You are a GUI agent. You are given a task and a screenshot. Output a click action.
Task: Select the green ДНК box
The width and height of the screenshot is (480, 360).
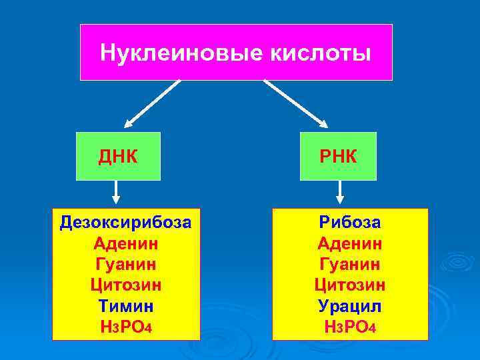pyautogui.click(x=118, y=156)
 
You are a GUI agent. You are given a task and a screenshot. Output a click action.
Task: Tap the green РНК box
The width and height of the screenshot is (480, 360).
pyautogui.click(x=338, y=156)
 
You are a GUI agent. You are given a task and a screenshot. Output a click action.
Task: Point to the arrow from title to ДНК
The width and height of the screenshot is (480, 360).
pyautogui.click(x=152, y=103)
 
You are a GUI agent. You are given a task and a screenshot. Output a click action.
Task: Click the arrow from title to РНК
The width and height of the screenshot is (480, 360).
pyautogui.click(x=295, y=103)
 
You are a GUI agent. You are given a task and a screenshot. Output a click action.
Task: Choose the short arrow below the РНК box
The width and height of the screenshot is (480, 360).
pyautogui.click(x=340, y=193)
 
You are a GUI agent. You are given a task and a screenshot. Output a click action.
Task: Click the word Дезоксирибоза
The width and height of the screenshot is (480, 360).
pyautogui.click(x=125, y=221)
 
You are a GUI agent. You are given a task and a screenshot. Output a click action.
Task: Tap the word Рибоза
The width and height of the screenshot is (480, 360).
pyautogui.click(x=350, y=221)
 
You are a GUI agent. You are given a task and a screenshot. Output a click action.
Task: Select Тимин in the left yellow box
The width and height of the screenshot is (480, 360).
pyautogui.click(x=126, y=306)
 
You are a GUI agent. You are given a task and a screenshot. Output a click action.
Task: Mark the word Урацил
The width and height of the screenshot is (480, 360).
pyautogui.click(x=350, y=306)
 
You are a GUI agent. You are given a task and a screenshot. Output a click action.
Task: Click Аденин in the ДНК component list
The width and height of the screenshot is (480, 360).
pyautogui.click(x=126, y=243)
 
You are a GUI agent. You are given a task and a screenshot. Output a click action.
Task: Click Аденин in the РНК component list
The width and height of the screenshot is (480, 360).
pyautogui.click(x=350, y=243)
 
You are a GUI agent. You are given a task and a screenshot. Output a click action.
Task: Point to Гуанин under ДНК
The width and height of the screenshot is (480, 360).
pyautogui.click(x=126, y=264)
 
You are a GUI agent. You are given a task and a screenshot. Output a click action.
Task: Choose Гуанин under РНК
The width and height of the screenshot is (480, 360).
pyautogui.click(x=350, y=264)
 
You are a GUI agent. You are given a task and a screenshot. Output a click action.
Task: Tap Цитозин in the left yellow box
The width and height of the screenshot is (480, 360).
pyautogui.click(x=126, y=285)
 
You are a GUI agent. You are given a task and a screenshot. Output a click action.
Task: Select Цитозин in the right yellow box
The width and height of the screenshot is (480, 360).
pyautogui.click(x=350, y=285)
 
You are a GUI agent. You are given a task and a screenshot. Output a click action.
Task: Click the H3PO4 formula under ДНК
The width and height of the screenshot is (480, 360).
pyautogui.click(x=126, y=328)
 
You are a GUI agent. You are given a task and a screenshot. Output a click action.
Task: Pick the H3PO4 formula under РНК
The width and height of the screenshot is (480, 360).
pyautogui.click(x=350, y=328)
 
